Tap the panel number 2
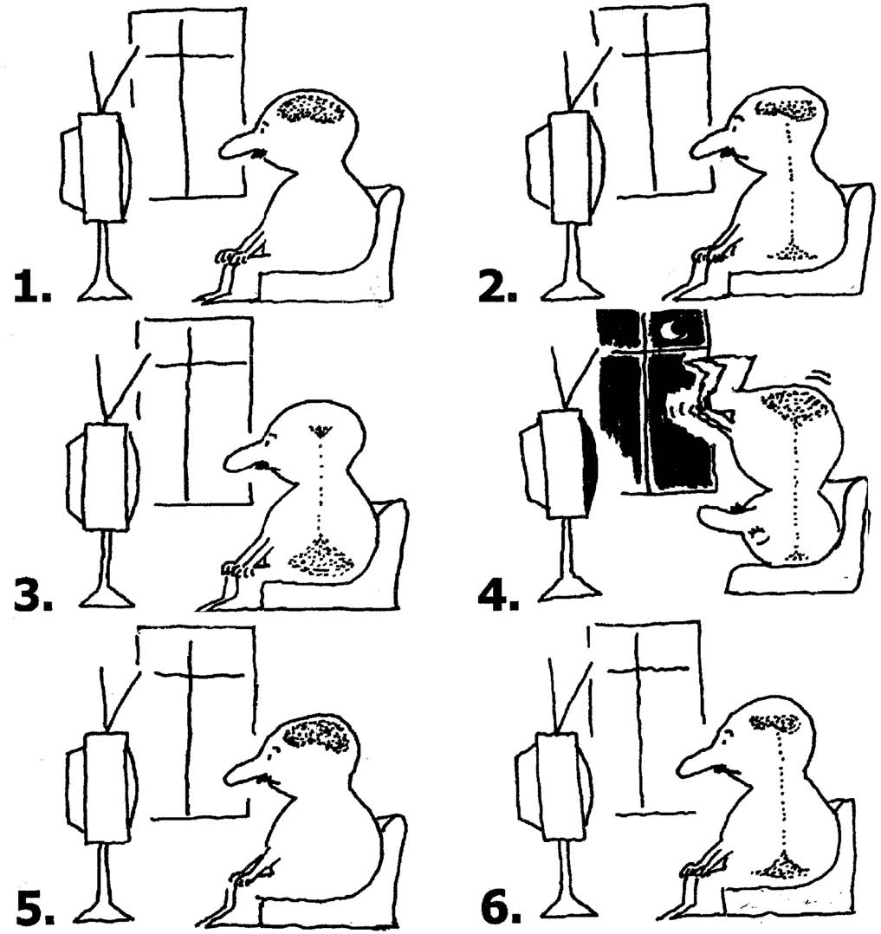(x=497, y=288)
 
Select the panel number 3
(x=33, y=593)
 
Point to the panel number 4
(x=499, y=593)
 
